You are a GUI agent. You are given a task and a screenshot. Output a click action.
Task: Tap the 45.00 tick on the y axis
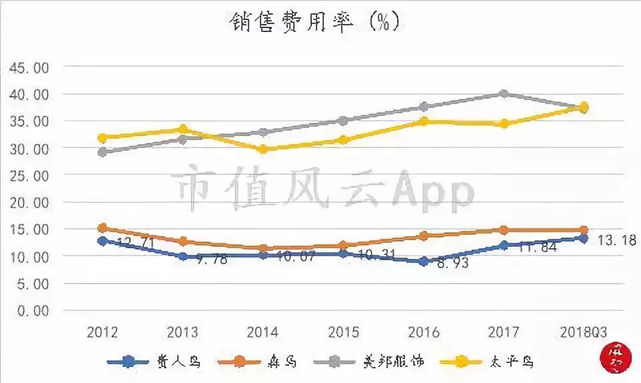click(x=29, y=67)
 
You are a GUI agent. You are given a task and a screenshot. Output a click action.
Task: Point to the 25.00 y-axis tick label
click(x=29, y=175)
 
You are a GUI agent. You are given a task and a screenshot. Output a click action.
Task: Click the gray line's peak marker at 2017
click(x=504, y=94)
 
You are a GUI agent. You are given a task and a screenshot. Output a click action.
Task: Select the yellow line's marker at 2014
click(x=263, y=149)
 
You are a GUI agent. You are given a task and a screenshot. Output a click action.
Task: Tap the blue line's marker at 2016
click(x=424, y=262)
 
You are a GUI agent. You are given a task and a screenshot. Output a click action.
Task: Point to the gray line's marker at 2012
click(x=103, y=152)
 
